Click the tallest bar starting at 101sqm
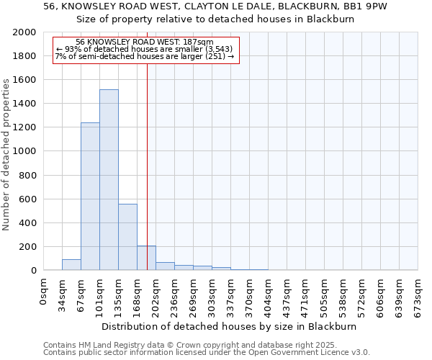(109, 180)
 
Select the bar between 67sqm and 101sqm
(90, 197)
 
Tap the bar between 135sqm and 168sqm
(127, 237)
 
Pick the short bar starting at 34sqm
(71, 264)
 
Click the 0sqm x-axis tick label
(44, 291)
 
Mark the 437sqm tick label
(287, 294)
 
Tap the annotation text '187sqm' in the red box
(199, 42)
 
